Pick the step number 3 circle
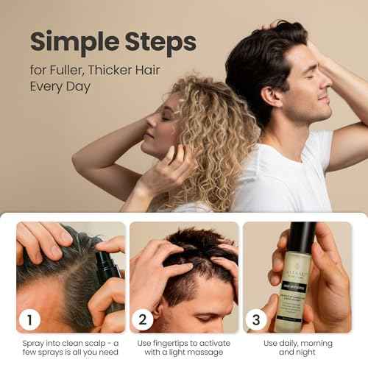point(255,319)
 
